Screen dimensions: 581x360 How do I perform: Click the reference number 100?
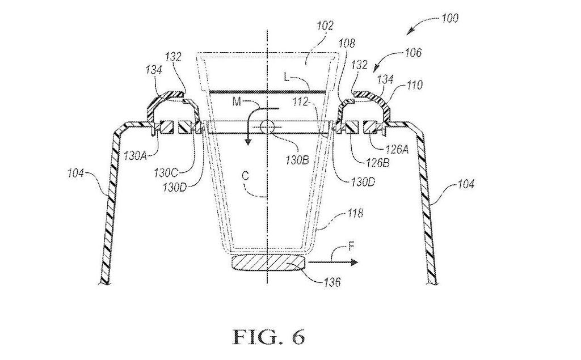click(x=449, y=18)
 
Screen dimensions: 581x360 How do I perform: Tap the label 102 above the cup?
click(x=325, y=26)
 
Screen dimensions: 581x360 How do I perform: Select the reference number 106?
click(x=412, y=53)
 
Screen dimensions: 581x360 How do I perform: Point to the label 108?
click(x=346, y=43)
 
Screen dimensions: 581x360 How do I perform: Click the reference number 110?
click(x=414, y=85)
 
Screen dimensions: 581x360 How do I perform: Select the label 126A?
click(x=397, y=149)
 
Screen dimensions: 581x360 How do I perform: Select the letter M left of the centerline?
click(x=237, y=101)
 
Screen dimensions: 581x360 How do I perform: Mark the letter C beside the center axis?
click(x=245, y=176)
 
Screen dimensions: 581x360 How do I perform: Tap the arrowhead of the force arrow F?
click(x=355, y=262)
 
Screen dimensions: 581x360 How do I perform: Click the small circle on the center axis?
click(x=267, y=127)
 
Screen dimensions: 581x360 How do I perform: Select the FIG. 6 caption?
click(x=269, y=336)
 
